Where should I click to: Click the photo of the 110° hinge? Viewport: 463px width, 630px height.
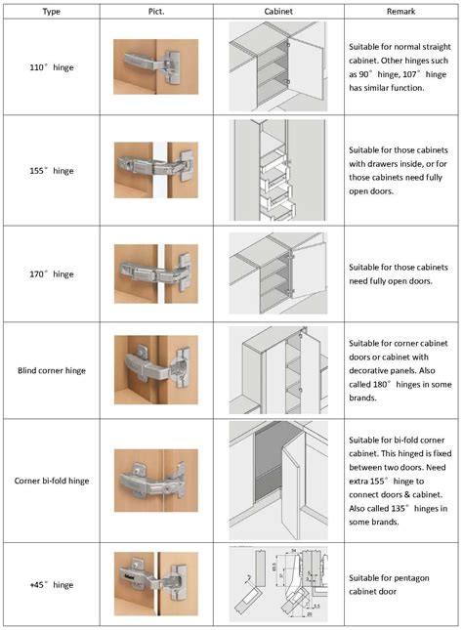156,66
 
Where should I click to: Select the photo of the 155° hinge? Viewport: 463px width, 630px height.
156,170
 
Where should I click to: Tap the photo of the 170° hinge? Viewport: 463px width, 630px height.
156,273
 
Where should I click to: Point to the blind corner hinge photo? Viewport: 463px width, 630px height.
156,371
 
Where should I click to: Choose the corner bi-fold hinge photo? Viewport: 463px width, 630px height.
156,481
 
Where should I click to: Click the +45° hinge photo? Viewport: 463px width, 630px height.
156,584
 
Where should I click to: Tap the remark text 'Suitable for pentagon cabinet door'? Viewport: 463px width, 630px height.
396,584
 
